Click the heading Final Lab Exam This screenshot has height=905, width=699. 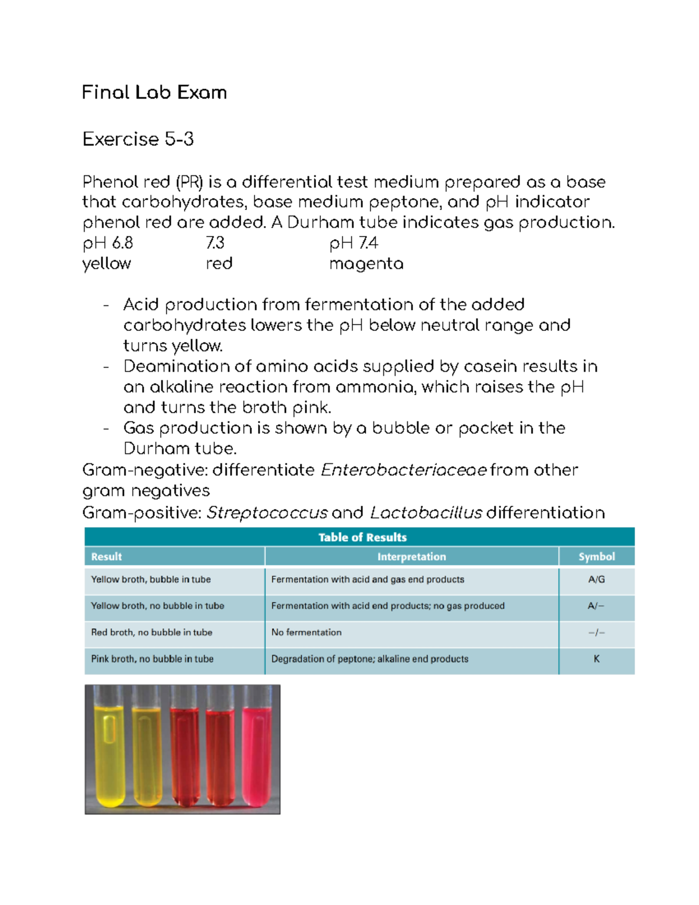pyautogui.click(x=154, y=93)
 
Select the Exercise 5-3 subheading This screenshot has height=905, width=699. pyautogui.click(x=138, y=139)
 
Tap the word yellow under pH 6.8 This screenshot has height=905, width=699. pyautogui.click(x=107, y=263)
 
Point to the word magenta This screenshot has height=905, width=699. pyautogui.click(x=366, y=264)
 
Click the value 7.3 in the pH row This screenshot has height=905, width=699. pyautogui.click(x=215, y=243)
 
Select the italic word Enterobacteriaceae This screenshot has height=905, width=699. pyautogui.click(x=404, y=470)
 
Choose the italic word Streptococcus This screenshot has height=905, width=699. pyautogui.click(x=267, y=513)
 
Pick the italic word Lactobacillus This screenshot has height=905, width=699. pyautogui.click(x=426, y=513)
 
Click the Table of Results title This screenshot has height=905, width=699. pyautogui.click(x=362, y=537)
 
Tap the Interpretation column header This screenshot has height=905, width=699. pyautogui.click(x=411, y=557)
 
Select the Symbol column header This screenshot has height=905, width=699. pyautogui.click(x=596, y=557)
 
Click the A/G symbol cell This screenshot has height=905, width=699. pyautogui.click(x=596, y=580)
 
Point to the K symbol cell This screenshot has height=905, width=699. pyautogui.click(x=596, y=659)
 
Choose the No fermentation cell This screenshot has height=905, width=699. pyautogui.click(x=306, y=632)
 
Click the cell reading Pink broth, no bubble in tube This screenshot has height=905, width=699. pyautogui.click(x=152, y=659)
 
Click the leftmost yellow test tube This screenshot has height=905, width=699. pyautogui.click(x=110, y=752)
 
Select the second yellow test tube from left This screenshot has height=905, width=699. pyautogui.click(x=147, y=752)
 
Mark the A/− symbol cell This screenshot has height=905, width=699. pyautogui.click(x=596, y=606)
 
